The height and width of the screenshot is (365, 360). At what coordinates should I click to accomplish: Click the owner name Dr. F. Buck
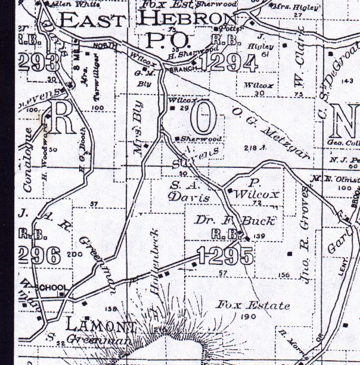click(x=235, y=221)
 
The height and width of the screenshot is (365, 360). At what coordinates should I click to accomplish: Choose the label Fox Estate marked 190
click(x=253, y=306)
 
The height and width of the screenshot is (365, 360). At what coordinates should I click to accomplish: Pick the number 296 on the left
click(x=40, y=255)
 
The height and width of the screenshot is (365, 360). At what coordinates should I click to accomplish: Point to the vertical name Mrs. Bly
click(x=138, y=135)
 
